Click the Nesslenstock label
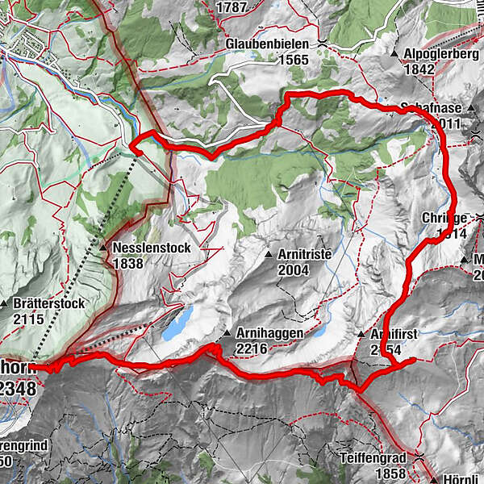[151, 248]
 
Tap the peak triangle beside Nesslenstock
[105, 248]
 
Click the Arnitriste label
[304, 253]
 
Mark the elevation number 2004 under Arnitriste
[293, 270]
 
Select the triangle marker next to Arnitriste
[269, 254]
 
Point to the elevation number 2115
[29, 319]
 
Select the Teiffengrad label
[369, 456]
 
